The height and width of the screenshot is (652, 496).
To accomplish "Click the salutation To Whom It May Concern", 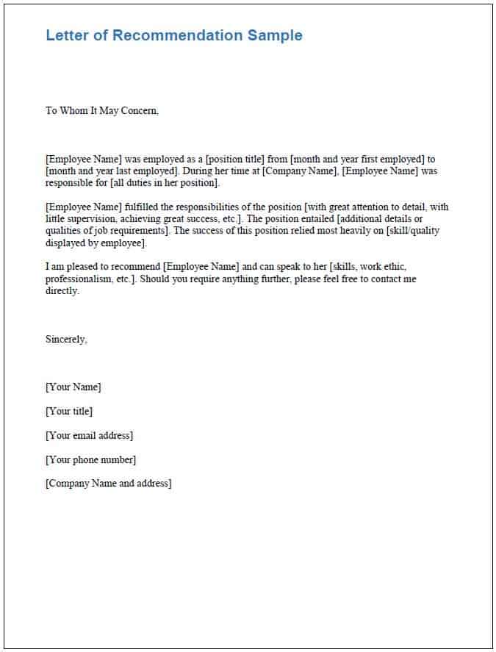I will (x=102, y=111).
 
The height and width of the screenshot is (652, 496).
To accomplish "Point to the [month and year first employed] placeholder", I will (x=359, y=159).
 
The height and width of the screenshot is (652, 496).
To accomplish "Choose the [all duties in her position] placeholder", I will (x=165, y=182).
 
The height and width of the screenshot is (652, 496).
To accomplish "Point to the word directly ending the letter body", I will (x=62, y=291).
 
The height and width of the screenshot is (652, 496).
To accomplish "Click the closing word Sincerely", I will (x=66, y=339).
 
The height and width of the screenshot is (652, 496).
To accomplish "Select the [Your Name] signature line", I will (x=73, y=387).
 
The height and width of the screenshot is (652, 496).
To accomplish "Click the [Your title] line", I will (x=69, y=412).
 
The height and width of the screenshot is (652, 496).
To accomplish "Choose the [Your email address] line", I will (x=89, y=436).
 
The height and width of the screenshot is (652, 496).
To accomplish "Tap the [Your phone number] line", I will (x=90, y=460).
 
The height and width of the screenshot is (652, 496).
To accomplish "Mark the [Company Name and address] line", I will (x=108, y=484).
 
